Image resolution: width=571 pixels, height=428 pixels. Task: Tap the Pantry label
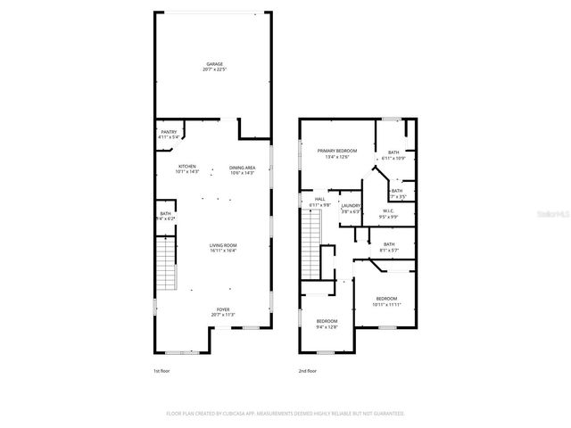pos(170,135)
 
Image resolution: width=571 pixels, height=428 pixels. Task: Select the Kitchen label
pos(187,169)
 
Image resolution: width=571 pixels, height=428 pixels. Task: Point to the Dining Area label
pos(242,170)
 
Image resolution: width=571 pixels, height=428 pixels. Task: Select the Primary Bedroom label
pos(337,153)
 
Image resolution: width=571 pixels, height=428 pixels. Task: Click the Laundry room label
pos(349,208)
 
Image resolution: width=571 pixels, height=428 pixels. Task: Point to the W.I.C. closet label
pos(388,214)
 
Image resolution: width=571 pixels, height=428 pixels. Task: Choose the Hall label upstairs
pos(319,203)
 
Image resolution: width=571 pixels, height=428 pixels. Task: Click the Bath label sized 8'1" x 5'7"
pos(389,247)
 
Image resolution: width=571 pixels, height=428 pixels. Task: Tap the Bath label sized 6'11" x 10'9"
pos(393,155)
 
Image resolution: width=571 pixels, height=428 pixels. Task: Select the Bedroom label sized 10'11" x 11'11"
pos(386,301)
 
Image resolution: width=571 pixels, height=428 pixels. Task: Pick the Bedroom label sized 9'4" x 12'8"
pos(327,323)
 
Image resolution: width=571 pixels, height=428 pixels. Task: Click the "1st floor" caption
pos(161,371)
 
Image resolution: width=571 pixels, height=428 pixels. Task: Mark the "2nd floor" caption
pos(308,371)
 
